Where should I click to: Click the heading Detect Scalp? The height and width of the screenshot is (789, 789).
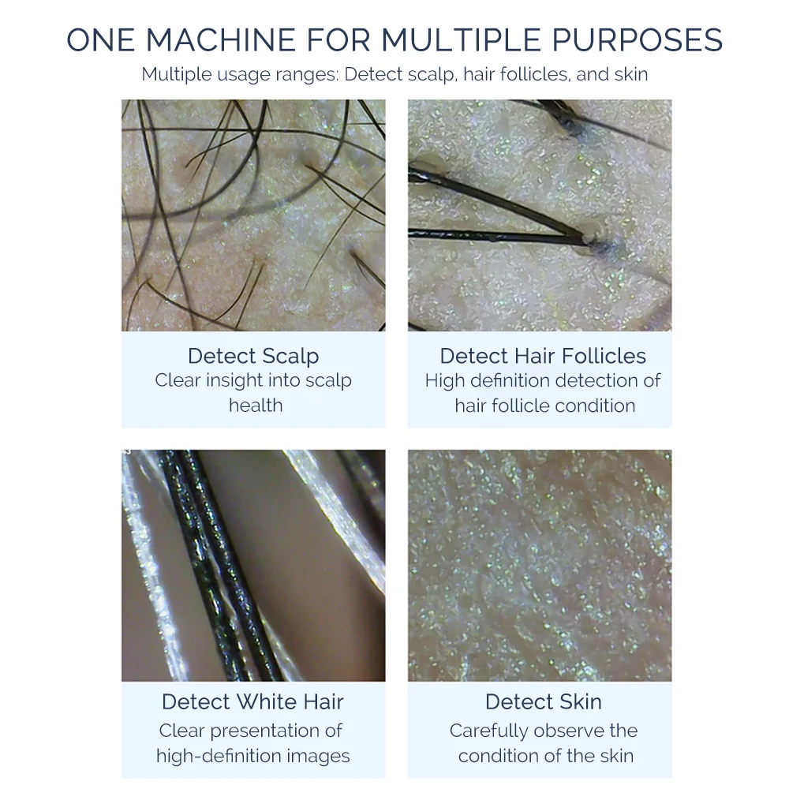[x=253, y=356]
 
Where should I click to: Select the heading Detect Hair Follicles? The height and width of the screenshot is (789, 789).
[x=543, y=356]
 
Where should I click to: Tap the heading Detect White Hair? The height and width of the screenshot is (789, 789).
[x=253, y=701]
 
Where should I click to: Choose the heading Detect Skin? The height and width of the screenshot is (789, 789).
[x=543, y=701]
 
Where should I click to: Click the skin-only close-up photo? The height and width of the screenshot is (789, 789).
[x=540, y=565]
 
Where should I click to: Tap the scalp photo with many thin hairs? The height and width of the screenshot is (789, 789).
[x=253, y=215]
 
